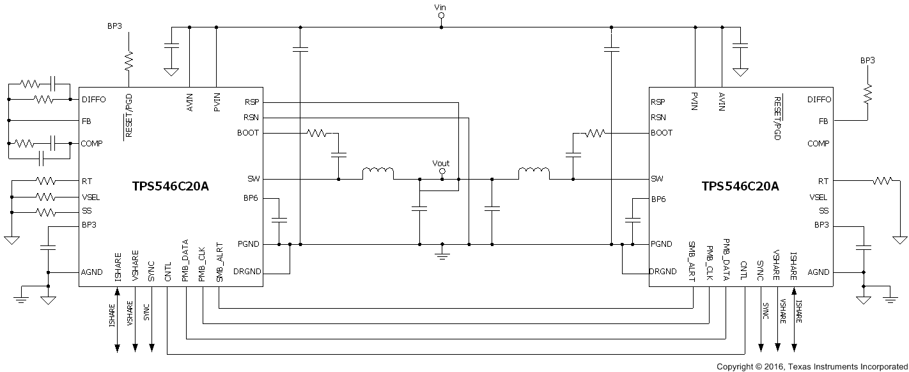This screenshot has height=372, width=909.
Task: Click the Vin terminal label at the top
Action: pos(440,7)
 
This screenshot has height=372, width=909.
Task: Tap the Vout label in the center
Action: pos(441,164)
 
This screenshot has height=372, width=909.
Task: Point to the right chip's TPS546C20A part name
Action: pos(740,187)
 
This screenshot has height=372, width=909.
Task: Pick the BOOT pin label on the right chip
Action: pos(662,133)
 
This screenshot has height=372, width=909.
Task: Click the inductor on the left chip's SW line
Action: pos(378,174)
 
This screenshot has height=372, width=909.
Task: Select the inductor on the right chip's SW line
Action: pos(534,173)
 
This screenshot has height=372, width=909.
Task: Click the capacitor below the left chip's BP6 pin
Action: pos(279,220)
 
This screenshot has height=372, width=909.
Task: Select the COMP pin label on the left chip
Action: pos(93,144)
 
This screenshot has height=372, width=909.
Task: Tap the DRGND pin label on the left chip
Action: pos(248,272)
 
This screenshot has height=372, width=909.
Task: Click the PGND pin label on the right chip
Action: pos(662,244)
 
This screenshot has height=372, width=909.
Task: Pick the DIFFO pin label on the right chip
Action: pos(819,100)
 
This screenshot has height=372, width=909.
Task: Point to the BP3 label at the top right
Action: pos(867,60)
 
